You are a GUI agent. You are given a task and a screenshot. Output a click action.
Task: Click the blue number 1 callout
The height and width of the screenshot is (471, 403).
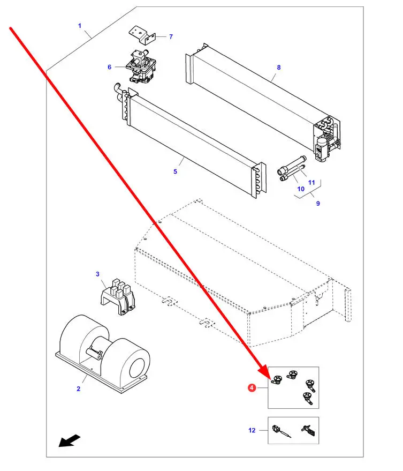[80, 26]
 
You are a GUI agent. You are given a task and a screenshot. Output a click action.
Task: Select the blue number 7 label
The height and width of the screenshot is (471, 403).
[171, 36]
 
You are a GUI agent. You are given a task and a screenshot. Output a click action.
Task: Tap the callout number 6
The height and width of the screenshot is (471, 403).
[109, 67]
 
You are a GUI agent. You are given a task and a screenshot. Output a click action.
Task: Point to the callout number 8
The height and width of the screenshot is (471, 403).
[278, 68]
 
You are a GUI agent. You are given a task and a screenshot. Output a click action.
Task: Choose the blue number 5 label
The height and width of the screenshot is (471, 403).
[175, 171]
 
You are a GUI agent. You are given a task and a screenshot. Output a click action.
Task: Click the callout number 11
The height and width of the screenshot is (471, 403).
[311, 183]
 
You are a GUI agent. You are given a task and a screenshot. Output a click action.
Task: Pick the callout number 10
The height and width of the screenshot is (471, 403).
[301, 189]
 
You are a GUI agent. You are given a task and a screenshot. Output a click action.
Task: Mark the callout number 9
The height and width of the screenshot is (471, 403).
[317, 203]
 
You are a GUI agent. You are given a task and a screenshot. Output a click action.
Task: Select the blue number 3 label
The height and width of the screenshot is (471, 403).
[98, 274]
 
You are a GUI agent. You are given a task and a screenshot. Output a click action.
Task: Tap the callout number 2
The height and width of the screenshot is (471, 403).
[78, 388]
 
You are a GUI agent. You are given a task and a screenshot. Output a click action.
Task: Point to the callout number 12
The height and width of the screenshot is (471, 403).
[252, 430]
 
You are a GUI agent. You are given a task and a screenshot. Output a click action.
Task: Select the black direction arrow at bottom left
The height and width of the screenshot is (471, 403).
[70, 440]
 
